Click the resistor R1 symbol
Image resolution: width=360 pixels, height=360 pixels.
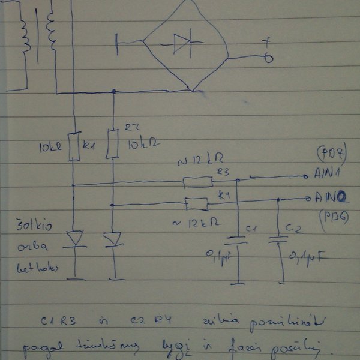[x=74, y=147]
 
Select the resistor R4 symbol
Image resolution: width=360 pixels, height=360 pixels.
[x=197, y=204]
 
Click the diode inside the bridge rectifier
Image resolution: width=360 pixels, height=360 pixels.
[x=181, y=41]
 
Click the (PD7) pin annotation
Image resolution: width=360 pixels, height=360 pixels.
[x=329, y=156]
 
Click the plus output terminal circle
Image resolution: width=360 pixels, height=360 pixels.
[x=269, y=58]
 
